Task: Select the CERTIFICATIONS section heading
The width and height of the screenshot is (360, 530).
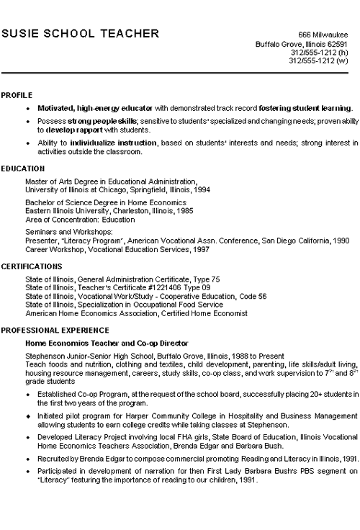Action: [31, 266]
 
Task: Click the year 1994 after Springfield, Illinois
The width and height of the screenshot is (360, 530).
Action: [200, 190]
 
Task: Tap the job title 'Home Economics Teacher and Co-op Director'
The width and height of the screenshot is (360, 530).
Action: [107, 342]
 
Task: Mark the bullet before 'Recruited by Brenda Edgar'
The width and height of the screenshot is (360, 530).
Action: [27, 458]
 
